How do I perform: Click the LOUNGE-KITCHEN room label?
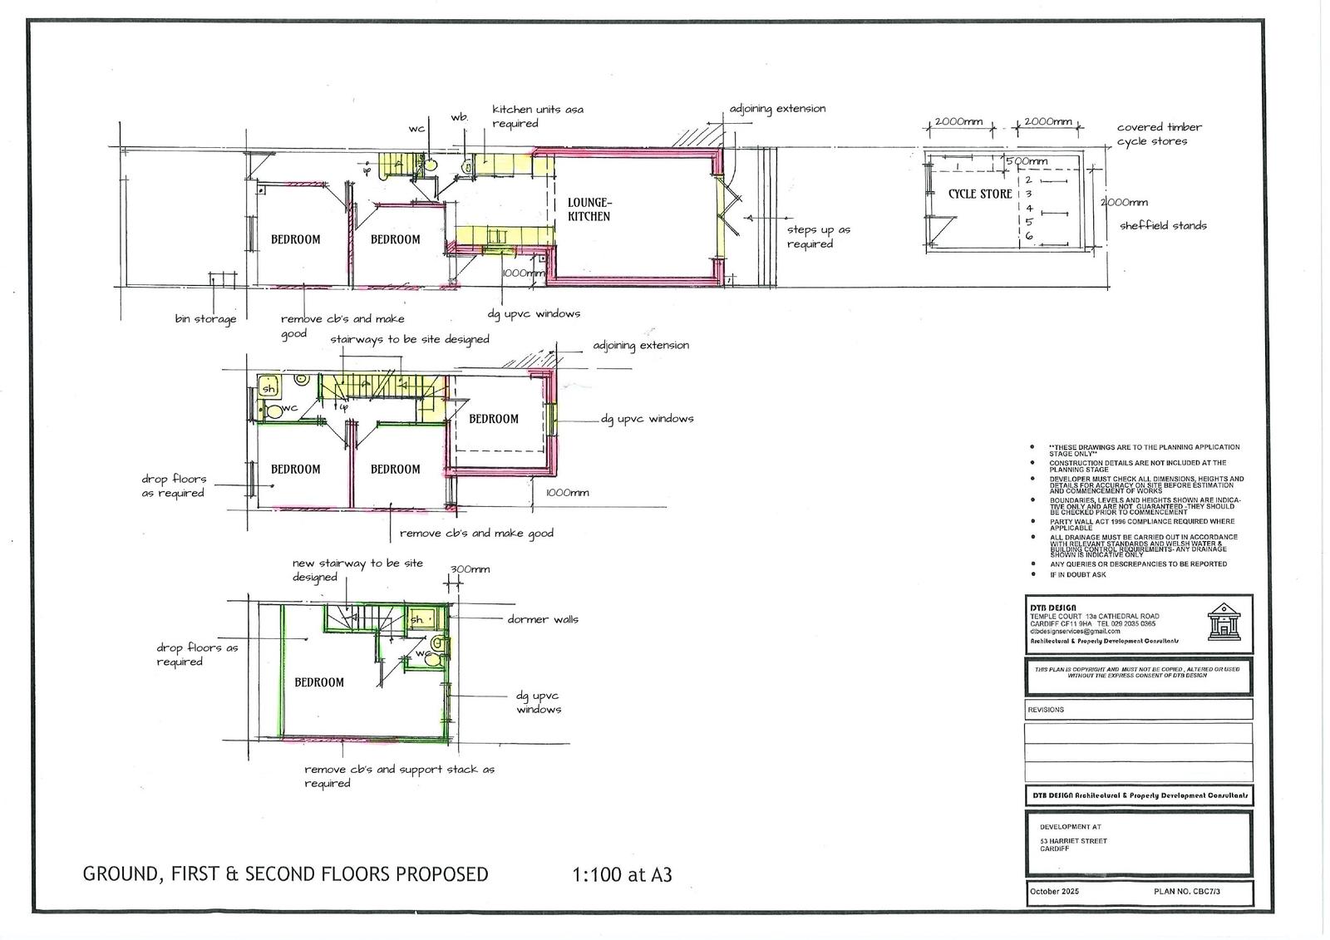[x=589, y=209]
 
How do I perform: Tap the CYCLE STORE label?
[x=980, y=194]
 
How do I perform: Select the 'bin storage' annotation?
[x=205, y=318]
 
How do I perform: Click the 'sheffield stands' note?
[x=1163, y=225]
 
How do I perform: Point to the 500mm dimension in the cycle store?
[x=1027, y=161]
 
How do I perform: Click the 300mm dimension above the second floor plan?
[x=470, y=569]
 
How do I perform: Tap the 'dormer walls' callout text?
[x=543, y=619]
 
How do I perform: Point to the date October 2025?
[x=1054, y=891]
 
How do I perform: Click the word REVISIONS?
[x=1045, y=710]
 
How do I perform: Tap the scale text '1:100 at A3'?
[x=622, y=874]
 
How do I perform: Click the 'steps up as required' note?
[x=819, y=237]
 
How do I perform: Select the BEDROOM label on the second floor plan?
[x=318, y=682]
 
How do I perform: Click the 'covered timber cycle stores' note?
[x=1159, y=134]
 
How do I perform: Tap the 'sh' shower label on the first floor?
[x=268, y=388]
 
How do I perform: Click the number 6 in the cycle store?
[x=1028, y=236]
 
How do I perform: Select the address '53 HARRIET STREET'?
[x=1073, y=841]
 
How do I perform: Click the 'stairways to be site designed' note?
[x=410, y=339]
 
